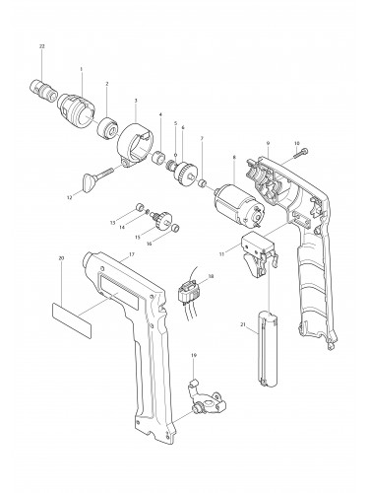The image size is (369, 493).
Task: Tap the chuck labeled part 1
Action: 77,104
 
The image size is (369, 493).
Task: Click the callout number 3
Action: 135,102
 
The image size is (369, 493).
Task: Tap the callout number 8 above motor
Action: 234,157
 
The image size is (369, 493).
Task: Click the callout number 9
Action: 266,144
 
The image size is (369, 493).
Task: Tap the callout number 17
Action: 129,254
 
